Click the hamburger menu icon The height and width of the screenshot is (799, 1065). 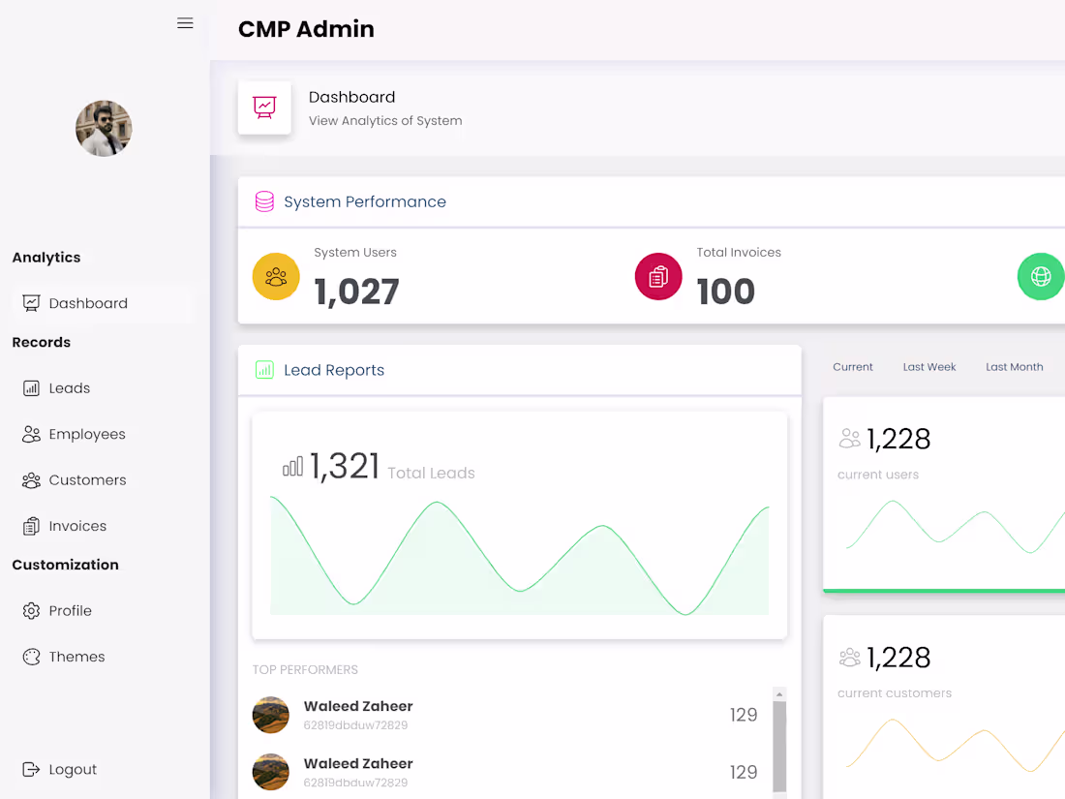185,23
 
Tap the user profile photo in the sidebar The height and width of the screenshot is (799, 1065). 104,129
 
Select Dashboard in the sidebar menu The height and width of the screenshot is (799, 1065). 88,303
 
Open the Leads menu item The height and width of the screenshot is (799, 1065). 69,388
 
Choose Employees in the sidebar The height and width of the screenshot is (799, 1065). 86,434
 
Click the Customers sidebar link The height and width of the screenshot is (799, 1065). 87,480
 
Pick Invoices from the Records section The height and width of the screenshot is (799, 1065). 77,526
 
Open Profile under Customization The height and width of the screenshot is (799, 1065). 70,611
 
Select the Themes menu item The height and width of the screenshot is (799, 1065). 76,657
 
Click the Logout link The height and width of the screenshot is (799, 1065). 73,770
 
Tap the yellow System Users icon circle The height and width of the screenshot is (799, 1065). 276,277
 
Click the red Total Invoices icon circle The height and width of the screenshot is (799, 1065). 658,277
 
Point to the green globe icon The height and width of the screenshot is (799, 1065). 1041,277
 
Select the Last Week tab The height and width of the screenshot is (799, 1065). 929,367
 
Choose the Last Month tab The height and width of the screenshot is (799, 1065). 1014,367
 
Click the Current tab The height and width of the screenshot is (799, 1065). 853,367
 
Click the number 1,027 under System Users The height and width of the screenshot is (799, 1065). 356,292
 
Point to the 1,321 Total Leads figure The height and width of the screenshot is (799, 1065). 345,467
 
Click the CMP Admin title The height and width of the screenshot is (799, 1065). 306,29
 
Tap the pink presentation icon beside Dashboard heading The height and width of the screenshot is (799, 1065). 264,108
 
